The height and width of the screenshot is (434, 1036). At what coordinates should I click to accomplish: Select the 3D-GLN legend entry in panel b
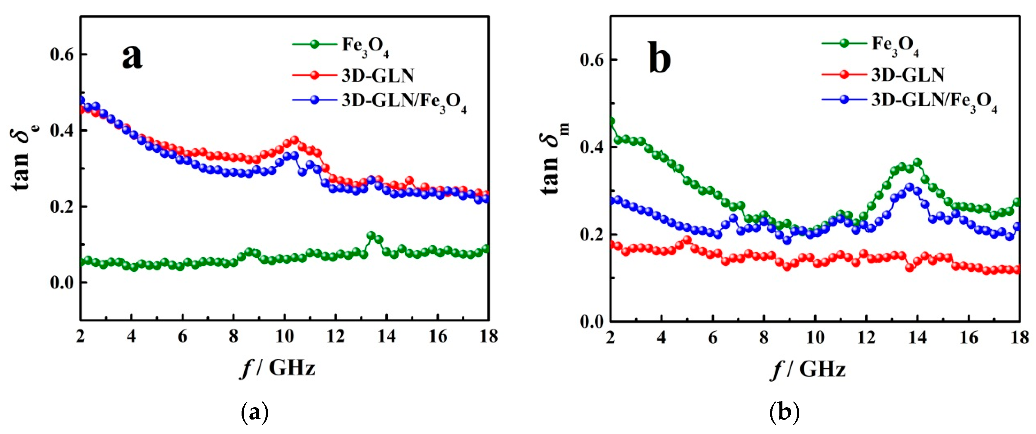907,75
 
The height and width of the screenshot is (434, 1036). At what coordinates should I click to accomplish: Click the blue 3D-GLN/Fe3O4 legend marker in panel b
844,99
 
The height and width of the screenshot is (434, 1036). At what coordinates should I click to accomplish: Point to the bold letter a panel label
132,56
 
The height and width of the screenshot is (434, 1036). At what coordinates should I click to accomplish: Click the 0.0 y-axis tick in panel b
592,321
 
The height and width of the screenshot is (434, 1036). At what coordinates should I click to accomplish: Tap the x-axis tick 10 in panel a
285,336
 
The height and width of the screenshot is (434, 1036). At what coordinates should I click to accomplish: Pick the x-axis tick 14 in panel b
917,337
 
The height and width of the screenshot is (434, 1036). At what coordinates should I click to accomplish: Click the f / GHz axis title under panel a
277,367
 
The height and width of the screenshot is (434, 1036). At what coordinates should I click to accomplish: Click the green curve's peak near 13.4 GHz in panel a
371,235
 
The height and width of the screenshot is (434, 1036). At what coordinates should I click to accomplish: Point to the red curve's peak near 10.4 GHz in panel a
294,140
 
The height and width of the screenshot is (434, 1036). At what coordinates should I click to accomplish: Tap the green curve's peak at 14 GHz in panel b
917,163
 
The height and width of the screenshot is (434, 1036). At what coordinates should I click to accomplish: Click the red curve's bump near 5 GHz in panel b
687,240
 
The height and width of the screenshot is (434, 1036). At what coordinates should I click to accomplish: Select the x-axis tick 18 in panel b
1019,337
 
